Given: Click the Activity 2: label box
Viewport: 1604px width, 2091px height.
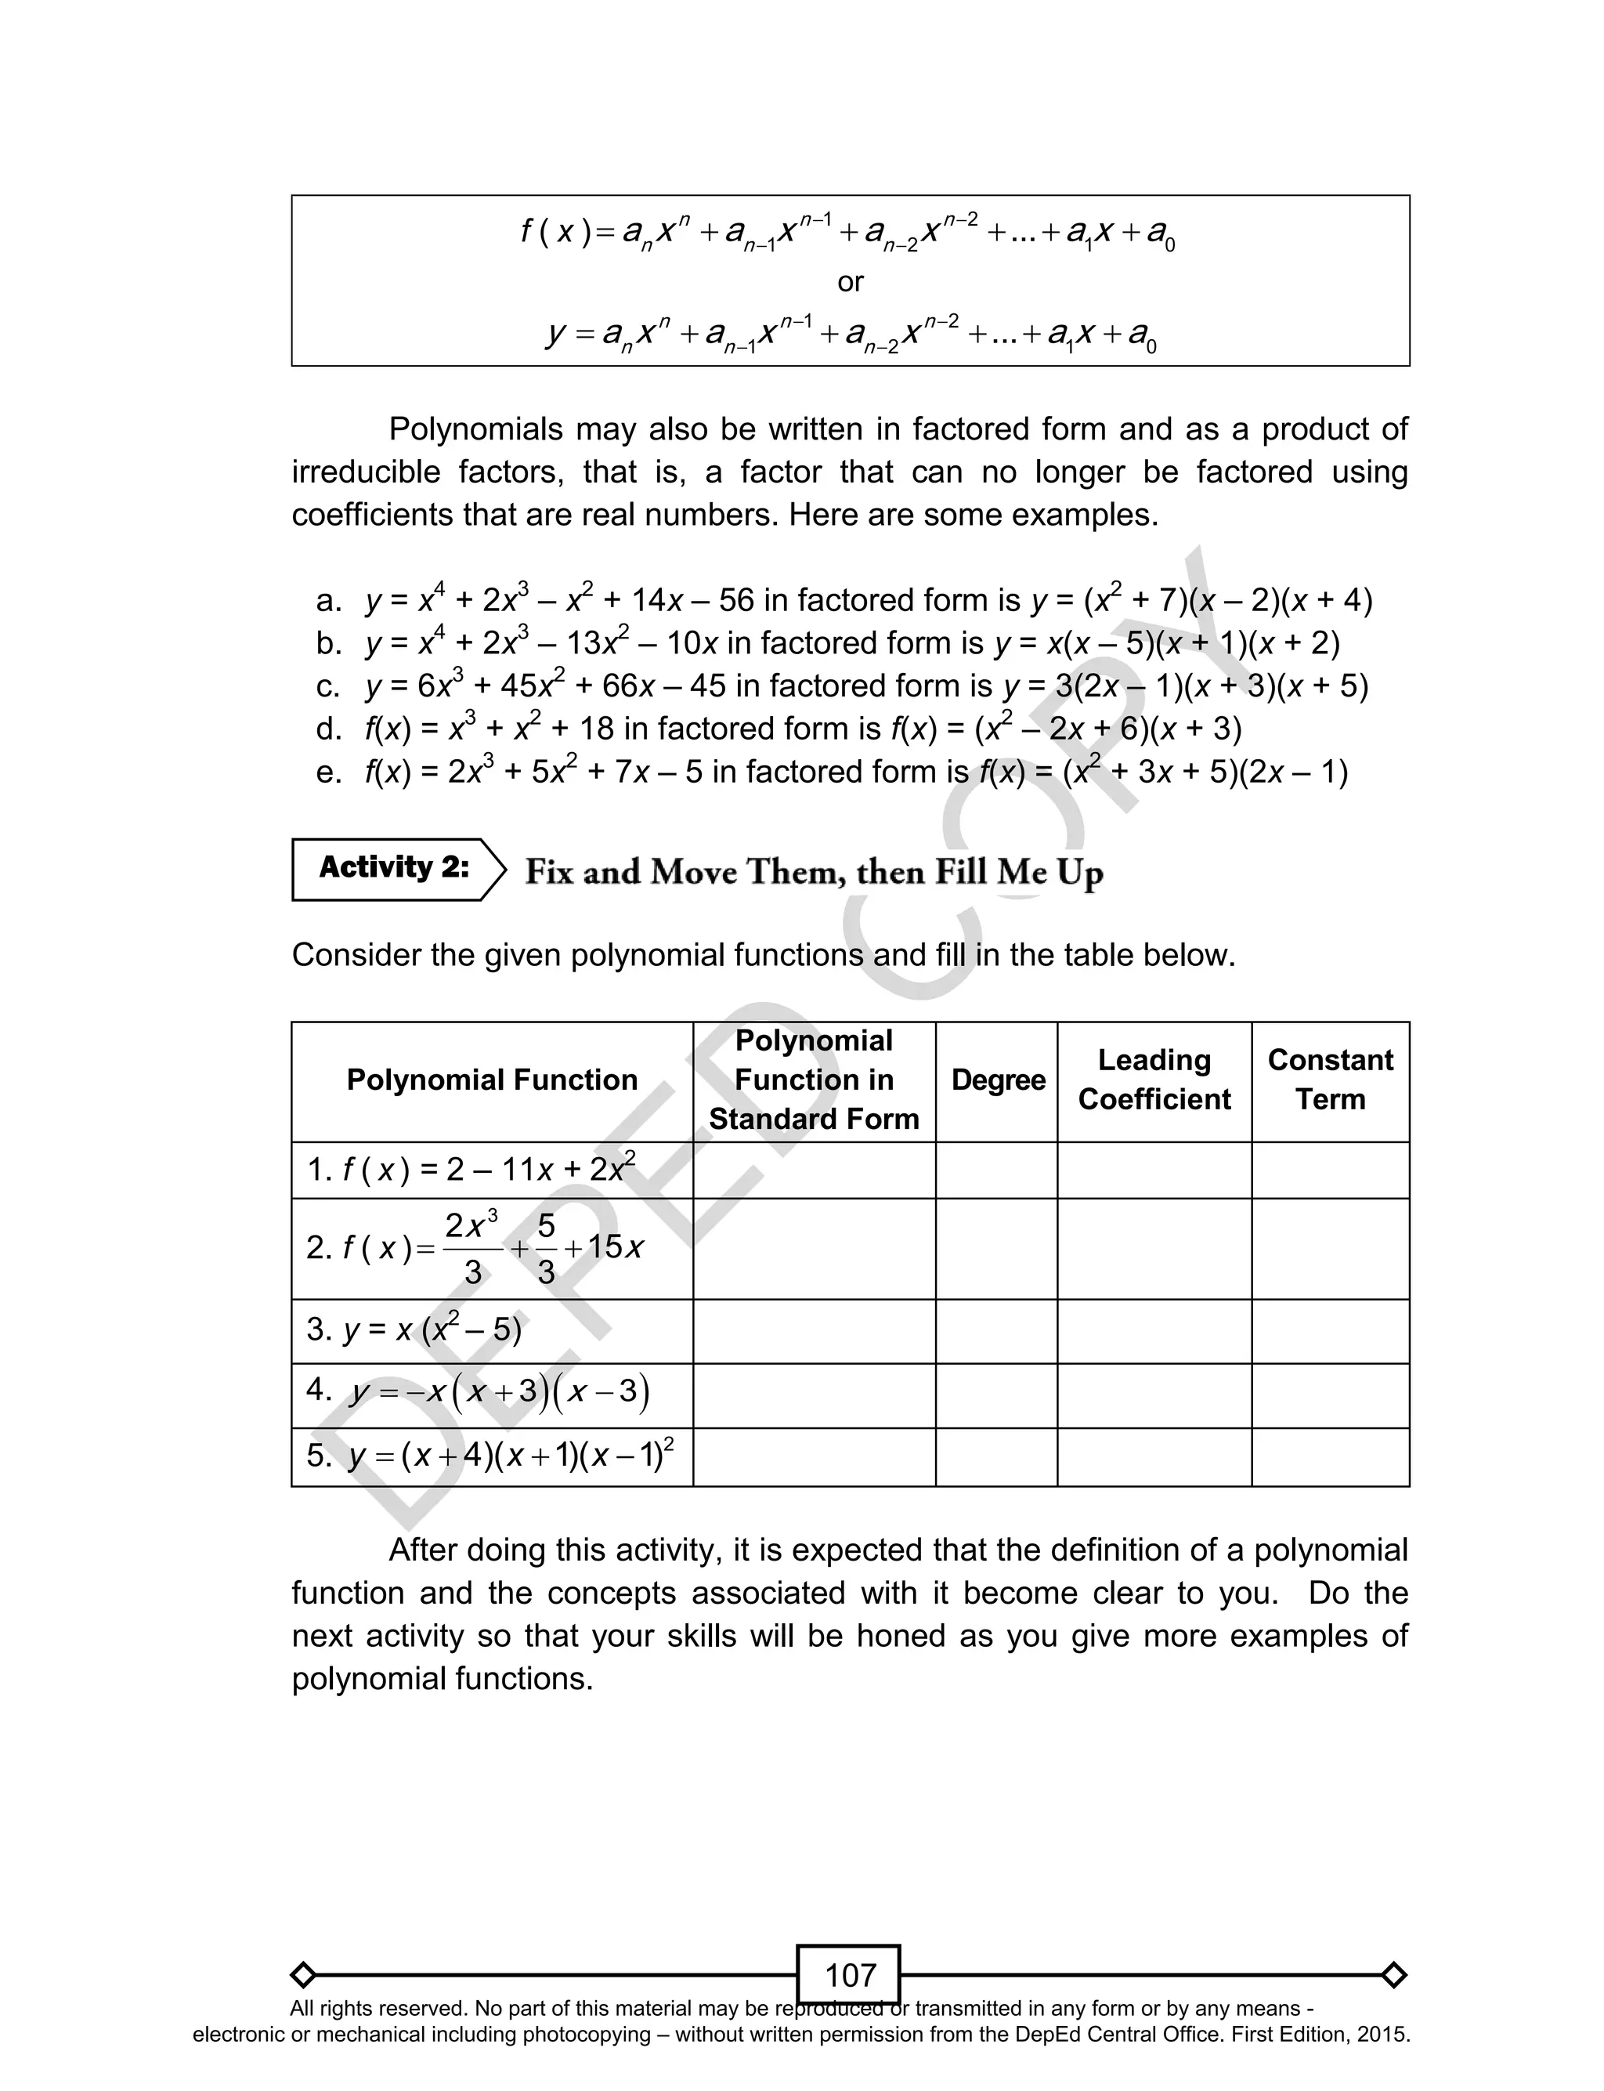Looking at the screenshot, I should [x=393, y=868].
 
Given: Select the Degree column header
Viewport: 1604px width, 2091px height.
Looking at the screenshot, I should [x=998, y=1080].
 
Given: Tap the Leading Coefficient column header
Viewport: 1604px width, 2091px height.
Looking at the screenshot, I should [x=1154, y=1080].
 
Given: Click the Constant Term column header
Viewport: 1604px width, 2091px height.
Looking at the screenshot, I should [x=1329, y=1080].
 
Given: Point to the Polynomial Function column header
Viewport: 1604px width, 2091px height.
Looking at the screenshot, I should [x=492, y=1080].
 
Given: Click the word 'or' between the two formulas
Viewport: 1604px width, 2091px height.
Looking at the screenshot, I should [x=849, y=282].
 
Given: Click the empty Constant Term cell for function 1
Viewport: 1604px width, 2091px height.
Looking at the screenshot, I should [x=1329, y=1170].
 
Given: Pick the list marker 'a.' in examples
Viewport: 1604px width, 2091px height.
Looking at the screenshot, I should [x=328, y=602].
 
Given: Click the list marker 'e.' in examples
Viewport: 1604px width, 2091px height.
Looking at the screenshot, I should [x=328, y=772].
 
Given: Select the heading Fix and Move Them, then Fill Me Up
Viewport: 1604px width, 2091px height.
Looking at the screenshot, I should [x=814, y=872].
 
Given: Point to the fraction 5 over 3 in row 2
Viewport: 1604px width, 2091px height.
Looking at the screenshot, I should [x=545, y=1248].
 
